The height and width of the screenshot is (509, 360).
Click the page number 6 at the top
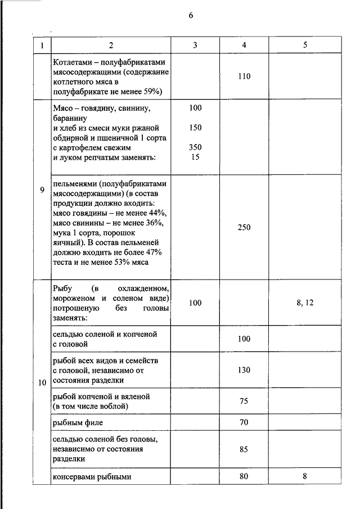(x=191, y=16)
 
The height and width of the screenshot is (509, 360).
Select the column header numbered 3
(x=195, y=46)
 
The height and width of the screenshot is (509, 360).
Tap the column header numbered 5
(x=304, y=46)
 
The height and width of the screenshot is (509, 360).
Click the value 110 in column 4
(x=244, y=76)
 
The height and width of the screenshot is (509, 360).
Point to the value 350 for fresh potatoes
(x=195, y=147)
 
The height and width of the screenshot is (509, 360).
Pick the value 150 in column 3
(x=195, y=128)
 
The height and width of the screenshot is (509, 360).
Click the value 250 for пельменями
(x=244, y=227)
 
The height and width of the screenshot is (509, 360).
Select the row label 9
(x=42, y=190)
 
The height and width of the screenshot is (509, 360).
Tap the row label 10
(x=42, y=383)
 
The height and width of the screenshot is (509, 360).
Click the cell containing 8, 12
(x=304, y=303)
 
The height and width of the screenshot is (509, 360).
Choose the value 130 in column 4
(x=244, y=370)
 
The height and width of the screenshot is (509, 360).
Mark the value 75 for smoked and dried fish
(x=244, y=401)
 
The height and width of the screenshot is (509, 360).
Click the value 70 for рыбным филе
(x=244, y=422)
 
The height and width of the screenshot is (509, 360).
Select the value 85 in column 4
(x=244, y=449)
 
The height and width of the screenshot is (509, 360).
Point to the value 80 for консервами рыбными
(x=244, y=476)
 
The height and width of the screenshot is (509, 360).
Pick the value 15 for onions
(x=195, y=157)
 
